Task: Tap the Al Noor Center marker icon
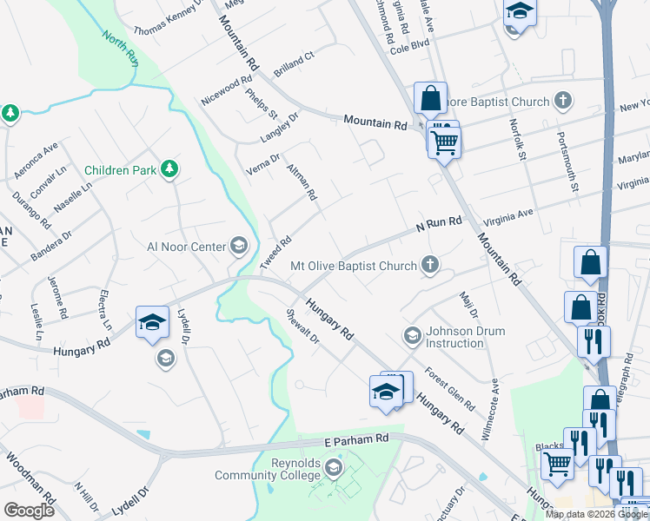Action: [x=238, y=247]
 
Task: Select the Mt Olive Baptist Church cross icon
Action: [x=429, y=266]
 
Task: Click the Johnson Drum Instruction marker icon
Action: [x=412, y=335]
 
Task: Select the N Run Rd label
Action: [x=438, y=225]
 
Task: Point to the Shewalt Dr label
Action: [x=303, y=327]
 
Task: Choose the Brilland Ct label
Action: [x=293, y=62]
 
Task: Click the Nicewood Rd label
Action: [x=225, y=87]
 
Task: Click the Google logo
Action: [x=29, y=511]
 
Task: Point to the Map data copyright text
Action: [x=596, y=514]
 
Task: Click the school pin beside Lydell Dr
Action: [x=152, y=323]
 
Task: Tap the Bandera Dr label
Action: [x=54, y=246]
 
